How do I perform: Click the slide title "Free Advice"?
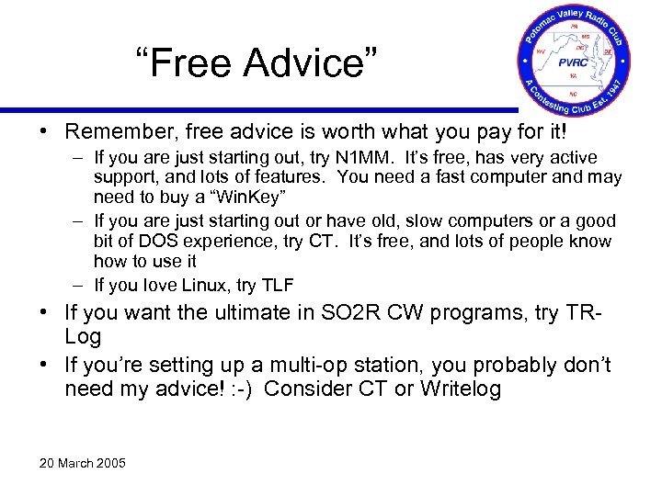255,63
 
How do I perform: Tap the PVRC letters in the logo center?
572,63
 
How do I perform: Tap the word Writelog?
460,389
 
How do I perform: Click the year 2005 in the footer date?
108,462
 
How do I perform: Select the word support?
123,177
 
